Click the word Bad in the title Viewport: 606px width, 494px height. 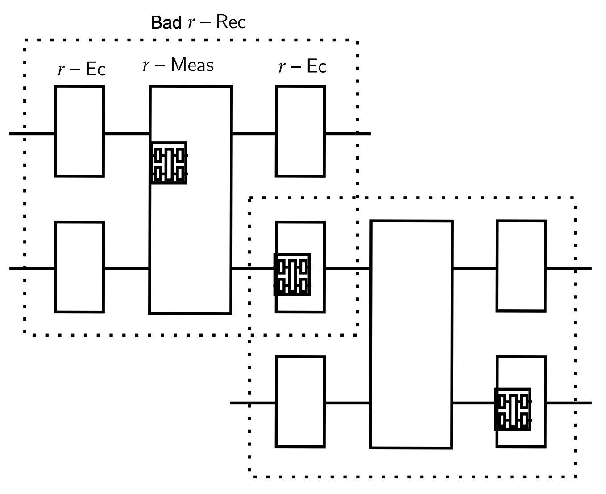click(166, 22)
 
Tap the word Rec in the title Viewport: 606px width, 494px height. click(231, 22)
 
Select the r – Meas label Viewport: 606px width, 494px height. click(178, 66)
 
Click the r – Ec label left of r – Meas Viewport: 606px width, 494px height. click(82, 69)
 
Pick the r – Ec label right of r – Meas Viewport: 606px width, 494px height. click(303, 67)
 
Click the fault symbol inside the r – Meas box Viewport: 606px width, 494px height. click(169, 163)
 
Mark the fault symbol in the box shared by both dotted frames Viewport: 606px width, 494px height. click(292, 274)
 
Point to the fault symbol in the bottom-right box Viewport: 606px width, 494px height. click(513, 409)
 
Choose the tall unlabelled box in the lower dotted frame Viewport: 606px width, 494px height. click(411, 334)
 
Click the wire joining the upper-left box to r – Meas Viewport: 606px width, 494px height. click(127, 133)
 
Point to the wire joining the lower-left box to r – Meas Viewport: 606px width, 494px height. click(127, 268)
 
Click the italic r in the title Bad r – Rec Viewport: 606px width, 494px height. click(191, 22)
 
